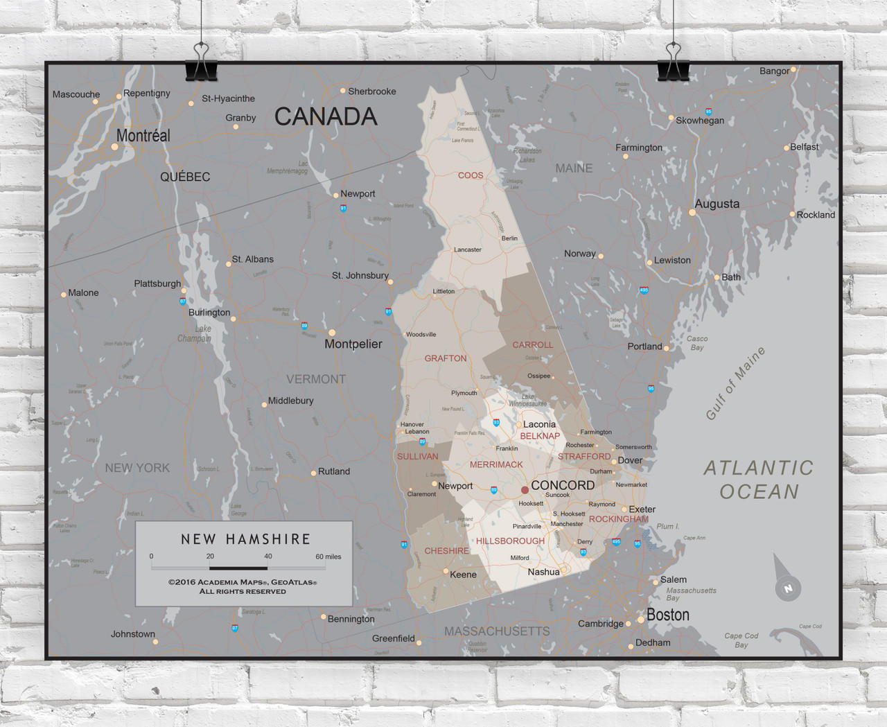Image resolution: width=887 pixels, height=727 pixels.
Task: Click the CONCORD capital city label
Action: (x=563, y=485)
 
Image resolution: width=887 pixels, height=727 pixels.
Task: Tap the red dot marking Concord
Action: (x=525, y=490)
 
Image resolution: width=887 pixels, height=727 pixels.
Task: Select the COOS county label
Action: (x=471, y=175)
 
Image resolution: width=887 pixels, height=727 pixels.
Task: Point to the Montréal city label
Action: (x=143, y=136)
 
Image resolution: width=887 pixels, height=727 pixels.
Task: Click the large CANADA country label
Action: (x=326, y=116)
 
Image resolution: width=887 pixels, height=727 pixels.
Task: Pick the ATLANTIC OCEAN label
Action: (x=759, y=480)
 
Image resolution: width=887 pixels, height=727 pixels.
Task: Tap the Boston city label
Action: (x=667, y=615)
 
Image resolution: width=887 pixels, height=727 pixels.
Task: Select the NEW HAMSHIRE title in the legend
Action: (x=245, y=538)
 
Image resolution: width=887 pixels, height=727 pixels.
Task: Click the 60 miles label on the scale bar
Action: (x=328, y=557)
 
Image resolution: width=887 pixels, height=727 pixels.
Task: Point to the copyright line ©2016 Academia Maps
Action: (x=243, y=582)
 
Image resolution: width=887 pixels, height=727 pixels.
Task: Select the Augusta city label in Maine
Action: (x=717, y=204)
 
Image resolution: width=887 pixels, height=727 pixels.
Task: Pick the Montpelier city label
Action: (x=353, y=344)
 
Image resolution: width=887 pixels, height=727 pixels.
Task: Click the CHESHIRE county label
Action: (x=446, y=551)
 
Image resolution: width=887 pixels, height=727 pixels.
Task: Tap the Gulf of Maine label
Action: (x=735, y=383)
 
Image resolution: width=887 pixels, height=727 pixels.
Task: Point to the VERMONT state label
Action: (x=316, y=379)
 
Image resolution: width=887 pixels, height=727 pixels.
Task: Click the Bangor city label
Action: (x=774, y=71)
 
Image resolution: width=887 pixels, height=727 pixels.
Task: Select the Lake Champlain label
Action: (x=195, y=333)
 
